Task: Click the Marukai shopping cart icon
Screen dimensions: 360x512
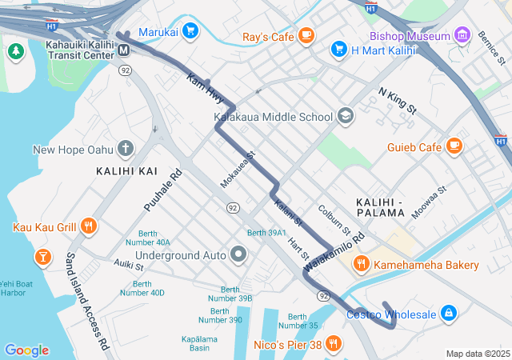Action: coord(190,32)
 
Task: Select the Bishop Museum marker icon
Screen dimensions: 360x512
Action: coord(462,36)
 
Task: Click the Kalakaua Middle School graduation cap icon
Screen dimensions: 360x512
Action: coord(345,117)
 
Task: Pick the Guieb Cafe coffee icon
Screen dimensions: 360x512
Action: coord(454,146)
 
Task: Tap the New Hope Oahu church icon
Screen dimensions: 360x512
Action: coord(125,149)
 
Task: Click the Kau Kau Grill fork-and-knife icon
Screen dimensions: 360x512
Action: coord(89,227)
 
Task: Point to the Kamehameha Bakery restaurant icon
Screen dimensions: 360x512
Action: coord(361,264)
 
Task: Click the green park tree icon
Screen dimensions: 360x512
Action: coord(15,51)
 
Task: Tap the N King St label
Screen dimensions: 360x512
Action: coord(398,102)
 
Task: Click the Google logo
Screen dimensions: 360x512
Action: coord(26,350)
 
